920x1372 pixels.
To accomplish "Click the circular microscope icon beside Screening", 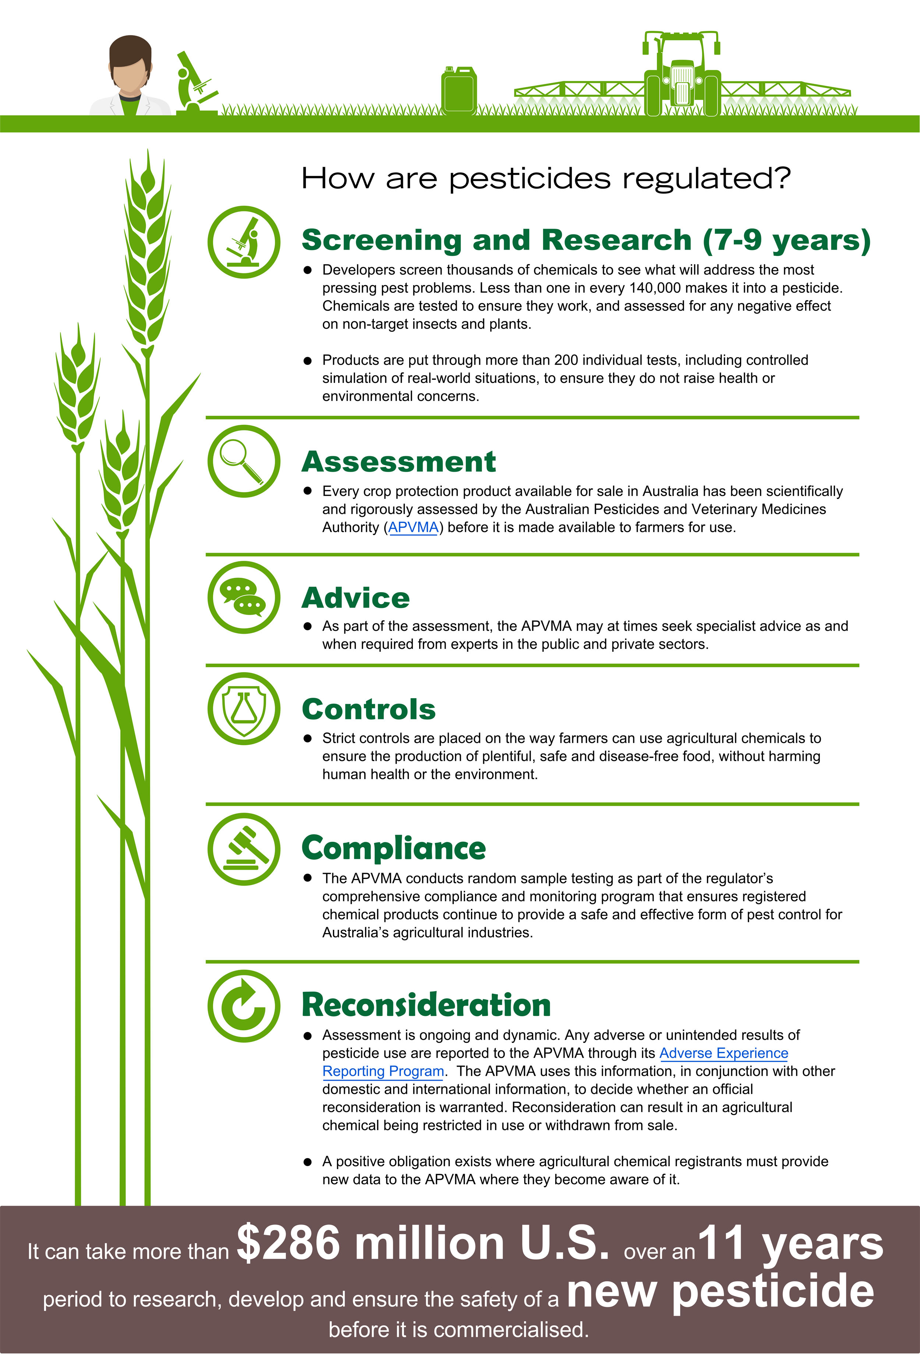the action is (x=244, y=242).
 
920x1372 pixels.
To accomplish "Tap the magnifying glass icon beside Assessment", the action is (x=244, y=461).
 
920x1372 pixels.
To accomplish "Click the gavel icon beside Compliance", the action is (x=244, y=849).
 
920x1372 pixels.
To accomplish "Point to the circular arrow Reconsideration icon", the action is (x=244, y=1006).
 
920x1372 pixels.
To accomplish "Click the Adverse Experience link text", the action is (x=723, y=1053).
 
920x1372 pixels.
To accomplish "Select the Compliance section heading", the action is (x=394, y=849).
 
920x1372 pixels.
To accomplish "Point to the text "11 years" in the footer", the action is (x=790, y=1242).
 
